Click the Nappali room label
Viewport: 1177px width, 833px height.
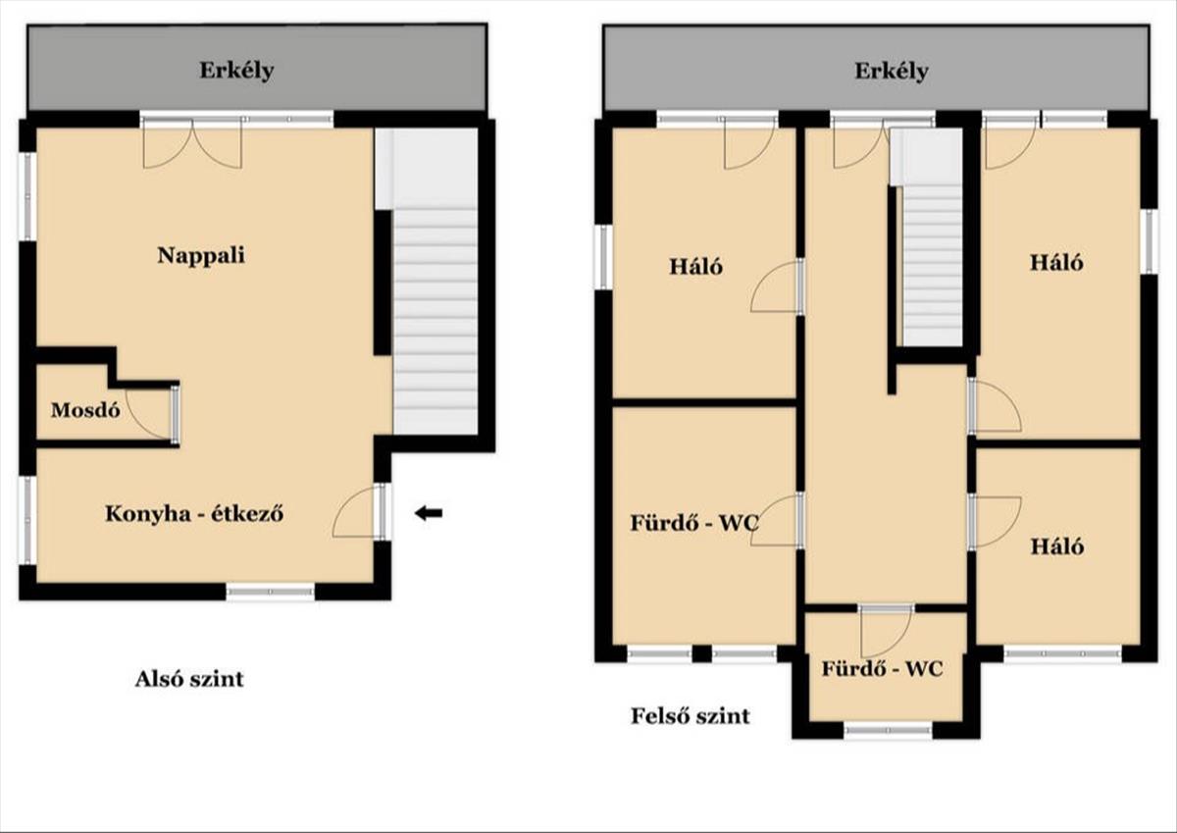point(201,256)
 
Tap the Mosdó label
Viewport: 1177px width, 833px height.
point(85,410)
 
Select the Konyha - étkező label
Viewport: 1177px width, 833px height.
point(194,513)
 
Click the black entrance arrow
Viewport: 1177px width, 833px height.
point(429,513)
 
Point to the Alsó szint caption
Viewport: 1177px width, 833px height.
point(189,679)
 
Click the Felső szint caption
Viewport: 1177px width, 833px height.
point(691,716)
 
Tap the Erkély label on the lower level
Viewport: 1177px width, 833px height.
point(236,71)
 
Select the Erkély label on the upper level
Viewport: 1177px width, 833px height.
point(892,71)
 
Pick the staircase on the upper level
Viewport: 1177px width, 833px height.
point(932,266)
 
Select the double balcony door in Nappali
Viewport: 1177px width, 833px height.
point(193,143)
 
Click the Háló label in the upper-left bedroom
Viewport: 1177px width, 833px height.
point(695,267)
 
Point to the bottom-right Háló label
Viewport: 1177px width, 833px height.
point(1056,547)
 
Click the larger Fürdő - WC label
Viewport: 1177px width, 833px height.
point(694,523)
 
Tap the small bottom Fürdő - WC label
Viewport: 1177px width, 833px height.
point(882,668)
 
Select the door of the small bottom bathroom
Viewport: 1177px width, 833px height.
point(886,631)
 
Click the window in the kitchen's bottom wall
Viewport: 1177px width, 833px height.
point(270,592)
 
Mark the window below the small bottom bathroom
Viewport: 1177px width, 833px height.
point(888,731)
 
